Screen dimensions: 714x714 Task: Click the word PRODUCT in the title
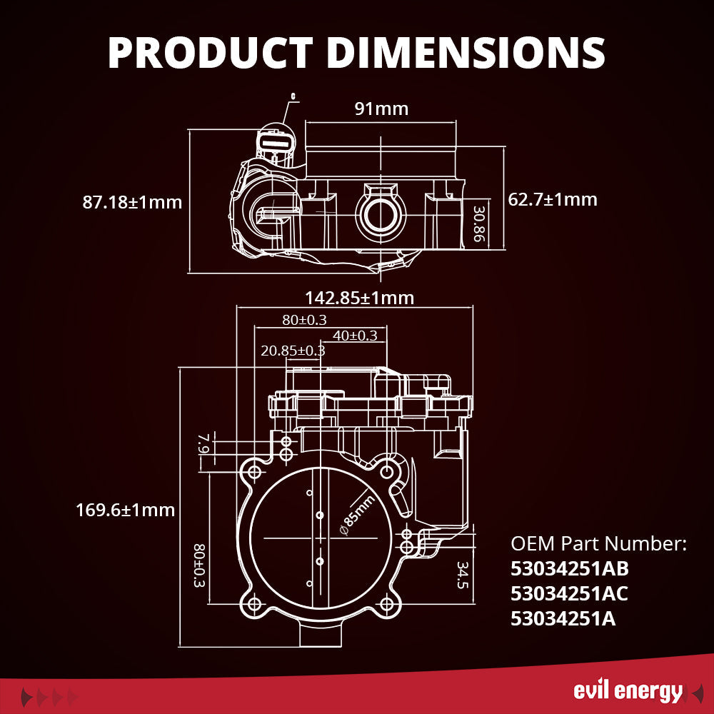tap(208, 52)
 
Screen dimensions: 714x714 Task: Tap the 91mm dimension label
tap(381, 109)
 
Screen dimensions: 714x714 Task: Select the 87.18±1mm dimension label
tap(132, 202)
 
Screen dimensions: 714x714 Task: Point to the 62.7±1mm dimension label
tap(552, 199)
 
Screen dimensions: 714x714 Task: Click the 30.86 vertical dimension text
tap(479, 224)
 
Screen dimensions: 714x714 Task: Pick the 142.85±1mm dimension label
tap(359, 297)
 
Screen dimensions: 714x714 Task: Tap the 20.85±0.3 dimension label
tap(293, 351)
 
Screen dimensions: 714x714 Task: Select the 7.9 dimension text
tap(201, 444)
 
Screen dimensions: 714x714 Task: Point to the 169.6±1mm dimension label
tap(125, 510)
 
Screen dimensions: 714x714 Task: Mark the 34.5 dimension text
tap(463, 575)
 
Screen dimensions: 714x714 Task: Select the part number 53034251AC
tap(570, 593)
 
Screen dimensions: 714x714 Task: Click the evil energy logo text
tap(628, 691)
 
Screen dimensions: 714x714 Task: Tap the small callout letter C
tap(293, 95)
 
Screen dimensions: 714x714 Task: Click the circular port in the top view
tap(381, 216)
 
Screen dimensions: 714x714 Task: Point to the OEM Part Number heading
tap(598, 544)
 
